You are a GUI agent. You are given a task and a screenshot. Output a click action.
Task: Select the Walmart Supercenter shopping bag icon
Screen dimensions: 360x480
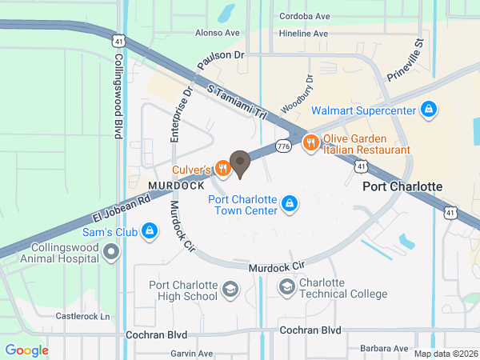point(429,109)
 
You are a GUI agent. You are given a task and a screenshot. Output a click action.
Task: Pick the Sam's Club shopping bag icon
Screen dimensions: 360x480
point(149,232)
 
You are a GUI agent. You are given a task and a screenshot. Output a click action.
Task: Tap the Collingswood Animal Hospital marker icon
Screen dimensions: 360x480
point(111,252)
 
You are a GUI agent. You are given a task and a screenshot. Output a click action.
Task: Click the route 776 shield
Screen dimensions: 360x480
point(282,146)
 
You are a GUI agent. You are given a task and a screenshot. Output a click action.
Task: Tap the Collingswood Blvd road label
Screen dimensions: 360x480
point(118,97)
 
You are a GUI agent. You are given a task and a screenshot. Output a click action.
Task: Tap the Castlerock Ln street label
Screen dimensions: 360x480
point(82,316)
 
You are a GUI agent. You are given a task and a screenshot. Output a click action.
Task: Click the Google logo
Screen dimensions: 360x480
point(26,350)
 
